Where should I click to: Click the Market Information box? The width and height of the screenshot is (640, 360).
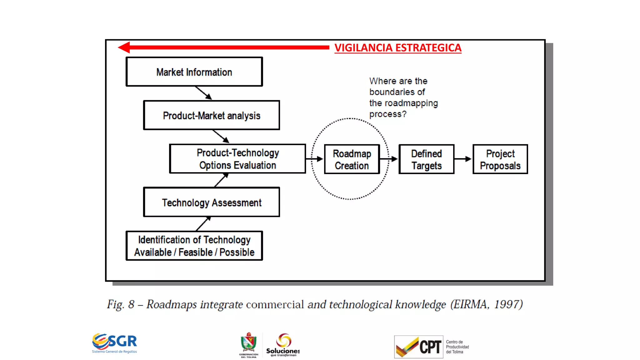194,72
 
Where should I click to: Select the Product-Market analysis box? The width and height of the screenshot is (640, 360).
211,115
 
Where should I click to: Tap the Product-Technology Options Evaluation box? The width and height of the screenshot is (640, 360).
237,159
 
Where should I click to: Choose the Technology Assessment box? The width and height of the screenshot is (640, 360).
211,202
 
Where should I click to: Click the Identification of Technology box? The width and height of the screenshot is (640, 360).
194,246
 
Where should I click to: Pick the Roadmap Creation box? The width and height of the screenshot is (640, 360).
352,159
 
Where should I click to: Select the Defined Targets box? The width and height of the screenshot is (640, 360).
426,159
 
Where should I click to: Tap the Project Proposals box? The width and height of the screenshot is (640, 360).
500,159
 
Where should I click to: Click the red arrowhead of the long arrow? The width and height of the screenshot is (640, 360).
124,47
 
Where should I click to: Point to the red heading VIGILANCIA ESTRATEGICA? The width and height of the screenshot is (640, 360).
397,48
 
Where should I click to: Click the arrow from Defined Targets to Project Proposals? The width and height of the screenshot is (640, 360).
463,159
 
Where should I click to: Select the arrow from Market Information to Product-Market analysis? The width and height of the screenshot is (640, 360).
204,93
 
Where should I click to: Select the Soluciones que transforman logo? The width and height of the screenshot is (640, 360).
283,345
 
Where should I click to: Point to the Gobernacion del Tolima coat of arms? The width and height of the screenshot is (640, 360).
249,344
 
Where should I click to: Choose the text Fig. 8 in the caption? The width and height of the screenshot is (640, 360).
121,304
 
